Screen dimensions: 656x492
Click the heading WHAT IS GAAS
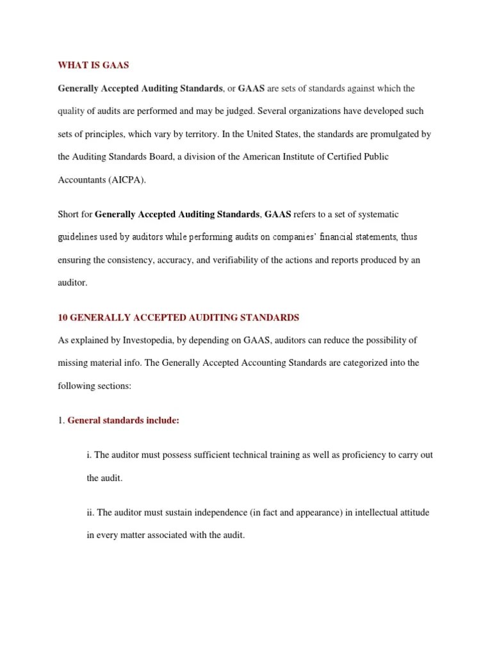pos(94,65)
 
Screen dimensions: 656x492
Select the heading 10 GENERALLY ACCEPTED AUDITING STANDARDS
pos(179,317)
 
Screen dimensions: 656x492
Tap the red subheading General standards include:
pos(123,421)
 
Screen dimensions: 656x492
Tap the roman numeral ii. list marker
pos(90,512)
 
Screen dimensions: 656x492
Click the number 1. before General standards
pos(61,421)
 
